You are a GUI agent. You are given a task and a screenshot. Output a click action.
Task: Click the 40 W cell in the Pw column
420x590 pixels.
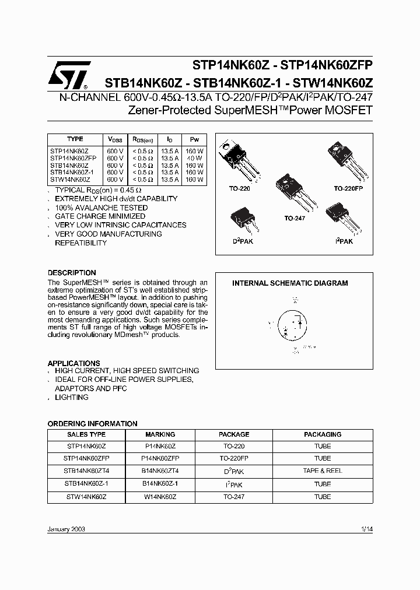pos(195,158)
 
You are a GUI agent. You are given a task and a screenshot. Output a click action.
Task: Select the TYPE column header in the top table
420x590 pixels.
pos(75,139)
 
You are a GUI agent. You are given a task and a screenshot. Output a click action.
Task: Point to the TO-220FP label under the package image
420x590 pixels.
pos(348,189)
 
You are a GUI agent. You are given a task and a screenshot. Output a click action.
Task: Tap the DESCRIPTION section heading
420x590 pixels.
pos(72,273)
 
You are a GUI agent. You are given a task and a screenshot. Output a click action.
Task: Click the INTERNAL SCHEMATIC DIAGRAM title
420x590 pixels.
pos(290,283)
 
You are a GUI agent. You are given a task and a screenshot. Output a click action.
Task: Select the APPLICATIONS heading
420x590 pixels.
pos(73,363)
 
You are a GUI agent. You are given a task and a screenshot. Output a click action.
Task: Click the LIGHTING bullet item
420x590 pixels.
pos(71,397)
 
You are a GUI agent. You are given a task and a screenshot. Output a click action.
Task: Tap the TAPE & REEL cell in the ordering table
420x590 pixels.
pos(322,470)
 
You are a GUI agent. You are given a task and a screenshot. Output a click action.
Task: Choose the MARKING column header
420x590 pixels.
pos(160,434)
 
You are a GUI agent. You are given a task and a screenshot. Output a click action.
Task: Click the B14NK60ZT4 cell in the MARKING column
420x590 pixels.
pos(160,470)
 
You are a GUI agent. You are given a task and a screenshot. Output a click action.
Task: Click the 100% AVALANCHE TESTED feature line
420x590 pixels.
pos(101,208)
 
